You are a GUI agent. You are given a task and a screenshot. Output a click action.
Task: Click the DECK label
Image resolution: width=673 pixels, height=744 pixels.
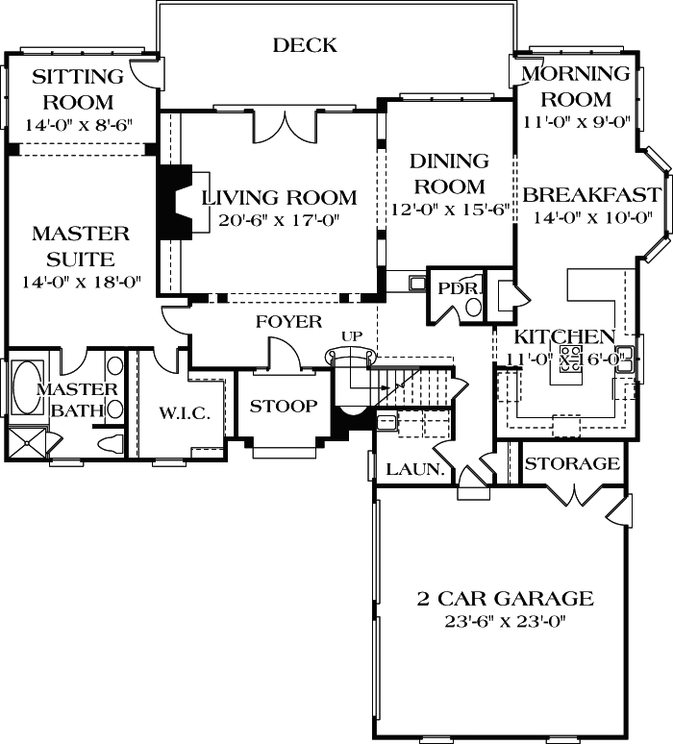305,45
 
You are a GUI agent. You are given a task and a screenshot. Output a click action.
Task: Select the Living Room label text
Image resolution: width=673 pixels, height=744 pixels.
280,198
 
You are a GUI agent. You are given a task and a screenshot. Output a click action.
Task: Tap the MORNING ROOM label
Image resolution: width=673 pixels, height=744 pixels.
576,87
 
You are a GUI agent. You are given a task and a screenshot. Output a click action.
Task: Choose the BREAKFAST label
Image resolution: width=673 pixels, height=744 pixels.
592,195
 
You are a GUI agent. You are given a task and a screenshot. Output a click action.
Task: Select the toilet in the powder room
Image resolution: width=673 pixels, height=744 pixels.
473,307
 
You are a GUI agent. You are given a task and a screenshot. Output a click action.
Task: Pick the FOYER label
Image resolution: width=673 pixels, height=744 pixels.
288,321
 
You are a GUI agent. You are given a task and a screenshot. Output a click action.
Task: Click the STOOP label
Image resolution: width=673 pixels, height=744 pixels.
283,407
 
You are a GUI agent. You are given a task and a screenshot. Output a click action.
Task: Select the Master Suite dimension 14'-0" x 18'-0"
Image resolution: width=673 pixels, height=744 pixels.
81,283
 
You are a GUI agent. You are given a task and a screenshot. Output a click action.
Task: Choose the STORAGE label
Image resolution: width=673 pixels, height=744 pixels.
572,464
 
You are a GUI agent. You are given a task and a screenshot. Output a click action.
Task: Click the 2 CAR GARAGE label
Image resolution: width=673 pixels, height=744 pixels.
505,599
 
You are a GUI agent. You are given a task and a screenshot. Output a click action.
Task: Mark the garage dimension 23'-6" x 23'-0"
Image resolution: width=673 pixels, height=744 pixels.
505,621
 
